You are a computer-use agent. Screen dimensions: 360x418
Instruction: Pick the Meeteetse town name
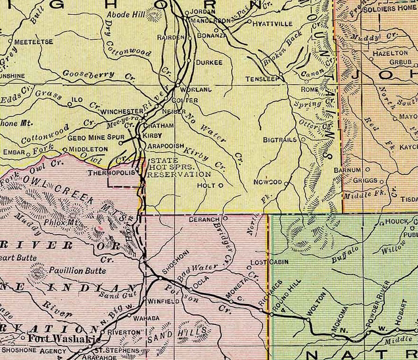tap(32, 41)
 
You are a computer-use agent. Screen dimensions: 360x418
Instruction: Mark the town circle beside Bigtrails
tap(303, 139)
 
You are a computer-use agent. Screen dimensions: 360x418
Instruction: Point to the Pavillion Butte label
tap(77, 271)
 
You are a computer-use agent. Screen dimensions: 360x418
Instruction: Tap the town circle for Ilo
tap(70, 104)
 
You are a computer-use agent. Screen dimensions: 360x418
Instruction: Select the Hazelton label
tap(390, 53)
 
